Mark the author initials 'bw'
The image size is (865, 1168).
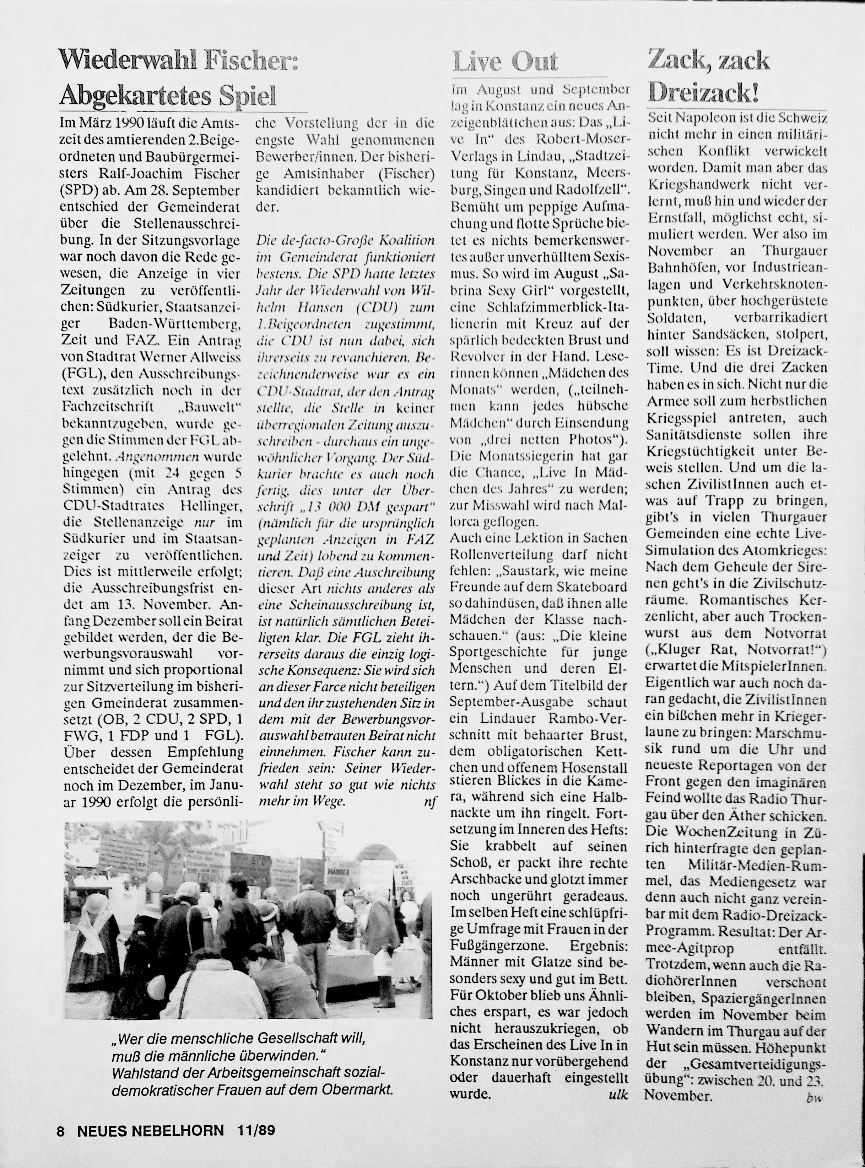click(814, 1097)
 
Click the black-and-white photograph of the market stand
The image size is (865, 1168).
click(247, 920)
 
